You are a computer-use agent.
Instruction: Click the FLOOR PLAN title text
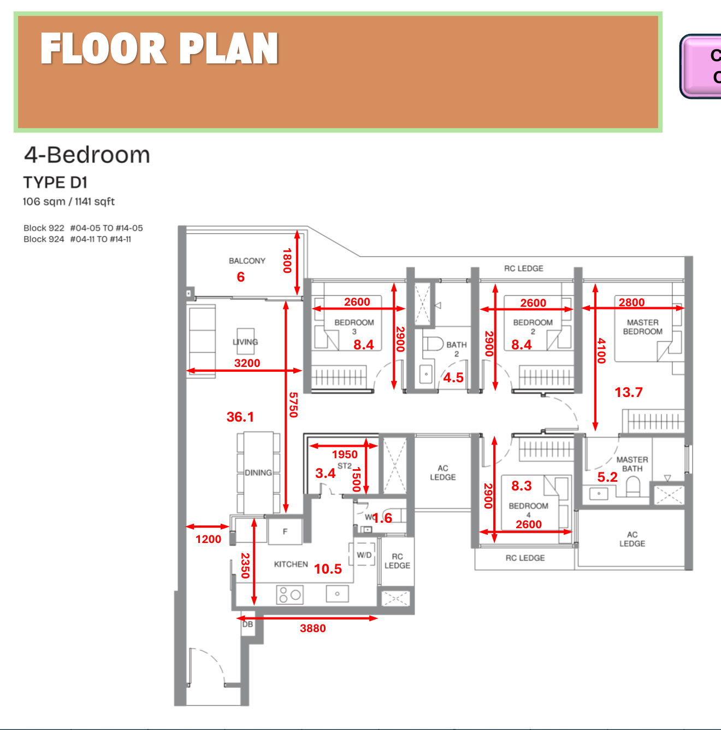tap(159, 49)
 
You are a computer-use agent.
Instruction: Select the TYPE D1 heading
tap(55, 182)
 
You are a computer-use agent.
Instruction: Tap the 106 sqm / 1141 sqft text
tap(69, 201)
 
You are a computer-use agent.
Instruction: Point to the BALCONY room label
tap(247, 261)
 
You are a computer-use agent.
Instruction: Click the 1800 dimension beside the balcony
tap(287, 261)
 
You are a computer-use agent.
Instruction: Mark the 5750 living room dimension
tap(293, 405)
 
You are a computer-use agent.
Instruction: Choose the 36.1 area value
tap(240, 417)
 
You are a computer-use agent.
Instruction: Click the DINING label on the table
tap(258, 472)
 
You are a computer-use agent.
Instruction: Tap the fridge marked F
tap(285, 531)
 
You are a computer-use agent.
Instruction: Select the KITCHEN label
tap(291, 564)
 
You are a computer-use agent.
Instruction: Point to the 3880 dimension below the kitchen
tap(312, 628)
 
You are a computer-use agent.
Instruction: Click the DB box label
tap(247, 624)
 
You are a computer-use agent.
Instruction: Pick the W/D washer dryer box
tap(364, 555)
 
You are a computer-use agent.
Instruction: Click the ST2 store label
tap(344, 466)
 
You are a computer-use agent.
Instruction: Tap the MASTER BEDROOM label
tap(643, 327)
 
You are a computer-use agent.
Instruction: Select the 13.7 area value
tap(629, 392)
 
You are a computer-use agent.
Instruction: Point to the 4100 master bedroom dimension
tap(601, 351)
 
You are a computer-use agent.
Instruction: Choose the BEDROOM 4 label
tap(528, 509)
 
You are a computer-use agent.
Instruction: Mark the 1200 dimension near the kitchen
tap(209, 539)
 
